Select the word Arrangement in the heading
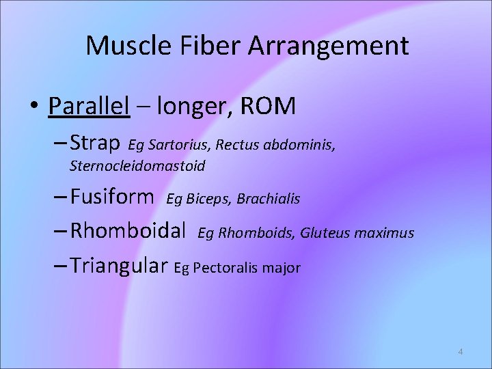328,46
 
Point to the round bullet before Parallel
36,107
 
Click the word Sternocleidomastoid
137,166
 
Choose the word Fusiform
112,197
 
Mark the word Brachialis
269,199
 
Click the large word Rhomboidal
128,232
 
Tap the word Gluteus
324,233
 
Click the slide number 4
460,352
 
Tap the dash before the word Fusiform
59,198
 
